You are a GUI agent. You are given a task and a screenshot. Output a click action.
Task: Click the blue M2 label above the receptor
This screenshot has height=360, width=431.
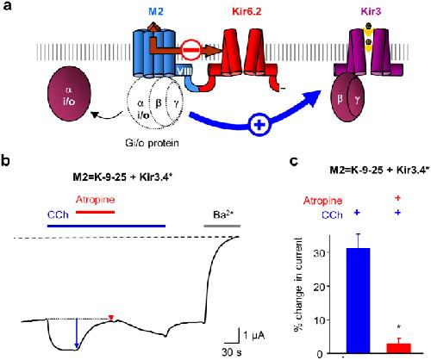tap(156, 12)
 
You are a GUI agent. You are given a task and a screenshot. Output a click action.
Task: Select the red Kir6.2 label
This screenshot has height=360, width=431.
tap(247, 12)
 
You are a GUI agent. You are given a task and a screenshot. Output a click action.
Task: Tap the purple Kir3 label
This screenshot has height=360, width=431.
tap(371, 12)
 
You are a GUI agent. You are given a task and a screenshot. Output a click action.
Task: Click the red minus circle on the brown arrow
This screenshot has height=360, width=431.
tap(191, 50)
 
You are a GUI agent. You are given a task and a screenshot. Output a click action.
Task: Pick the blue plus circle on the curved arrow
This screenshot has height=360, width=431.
tap(259, 125)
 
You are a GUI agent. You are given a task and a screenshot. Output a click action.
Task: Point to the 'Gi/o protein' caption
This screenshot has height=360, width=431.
tap(152, 143)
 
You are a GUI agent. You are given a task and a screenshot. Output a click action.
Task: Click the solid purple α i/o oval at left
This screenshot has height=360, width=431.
tap(69, 94)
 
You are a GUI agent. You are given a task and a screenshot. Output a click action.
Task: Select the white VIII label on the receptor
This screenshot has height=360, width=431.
tap(184, 71)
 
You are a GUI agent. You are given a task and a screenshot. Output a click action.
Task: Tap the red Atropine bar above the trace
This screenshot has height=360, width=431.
tap(95, 212)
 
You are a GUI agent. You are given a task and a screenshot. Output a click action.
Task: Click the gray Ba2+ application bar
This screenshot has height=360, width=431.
tap(222, 226)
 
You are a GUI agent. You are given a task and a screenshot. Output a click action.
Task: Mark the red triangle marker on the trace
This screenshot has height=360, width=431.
tap(111, 318)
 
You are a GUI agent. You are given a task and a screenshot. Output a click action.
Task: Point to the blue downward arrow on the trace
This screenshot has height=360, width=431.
tap(77, 333)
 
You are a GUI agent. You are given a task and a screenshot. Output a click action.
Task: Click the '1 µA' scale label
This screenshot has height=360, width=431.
tap(254, 335)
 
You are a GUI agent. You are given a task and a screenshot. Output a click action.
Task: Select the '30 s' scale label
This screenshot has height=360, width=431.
tap(231, 351)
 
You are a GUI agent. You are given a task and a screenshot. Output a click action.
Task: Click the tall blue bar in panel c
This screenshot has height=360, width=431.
tap(358, 301)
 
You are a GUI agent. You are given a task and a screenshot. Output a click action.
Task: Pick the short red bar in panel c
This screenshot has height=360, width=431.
tap(398, 348)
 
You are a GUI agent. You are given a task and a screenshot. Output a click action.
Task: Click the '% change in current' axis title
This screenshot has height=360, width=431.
tap(298, 284)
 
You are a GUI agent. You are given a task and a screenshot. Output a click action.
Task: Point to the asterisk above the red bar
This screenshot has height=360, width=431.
tap(399, 327)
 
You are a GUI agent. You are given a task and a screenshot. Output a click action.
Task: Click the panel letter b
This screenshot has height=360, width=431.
tap(5, 161)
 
